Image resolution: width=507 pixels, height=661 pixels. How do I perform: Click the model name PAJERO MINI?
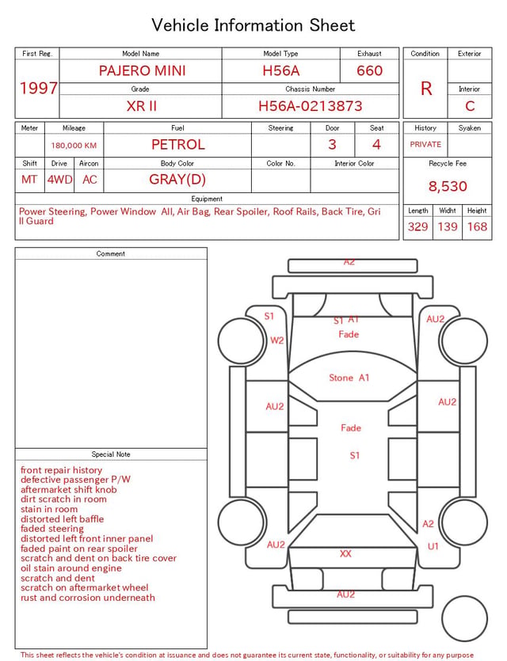point(142,70)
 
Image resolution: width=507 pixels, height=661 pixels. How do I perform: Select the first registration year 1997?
point(38,88)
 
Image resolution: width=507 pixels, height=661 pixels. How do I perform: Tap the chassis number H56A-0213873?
point(310,106)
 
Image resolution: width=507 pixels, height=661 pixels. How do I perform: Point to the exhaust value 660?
point(369,70)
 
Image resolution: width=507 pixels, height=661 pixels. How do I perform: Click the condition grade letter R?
point(426,89)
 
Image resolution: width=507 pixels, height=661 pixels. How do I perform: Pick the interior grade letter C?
point(470,106)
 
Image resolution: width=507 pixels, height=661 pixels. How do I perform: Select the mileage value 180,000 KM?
point(74,146)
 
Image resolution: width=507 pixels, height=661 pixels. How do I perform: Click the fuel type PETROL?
point(178,145)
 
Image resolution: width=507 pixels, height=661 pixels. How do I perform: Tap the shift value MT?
point(29,180)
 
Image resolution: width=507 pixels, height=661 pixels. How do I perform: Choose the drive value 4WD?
point(59,180)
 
